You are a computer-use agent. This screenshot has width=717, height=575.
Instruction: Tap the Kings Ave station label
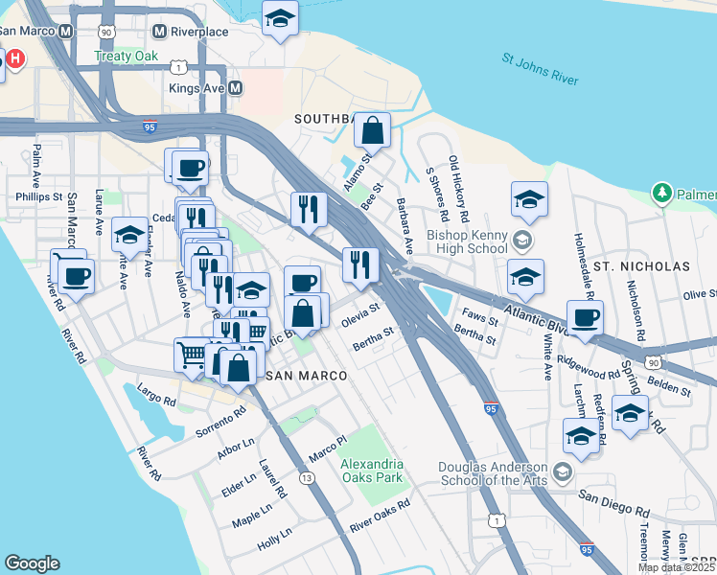[x=197, y=88]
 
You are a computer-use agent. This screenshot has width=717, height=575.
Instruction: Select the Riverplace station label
[x=199, y=32]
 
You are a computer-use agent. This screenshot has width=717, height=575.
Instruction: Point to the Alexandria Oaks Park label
[x=372, y=471]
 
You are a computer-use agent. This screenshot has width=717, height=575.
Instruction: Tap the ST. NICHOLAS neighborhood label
[x=641, y=265]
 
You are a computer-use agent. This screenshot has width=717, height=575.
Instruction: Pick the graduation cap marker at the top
[x=280, y=18]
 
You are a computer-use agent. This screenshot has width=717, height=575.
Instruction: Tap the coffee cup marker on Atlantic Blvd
[x=584, y=317]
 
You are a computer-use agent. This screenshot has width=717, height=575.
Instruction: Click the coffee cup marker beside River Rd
[x=76, y=276]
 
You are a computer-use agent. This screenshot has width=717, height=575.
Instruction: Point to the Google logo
[x=33, y=563]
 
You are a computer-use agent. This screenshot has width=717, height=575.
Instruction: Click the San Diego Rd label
[x=613, y=498]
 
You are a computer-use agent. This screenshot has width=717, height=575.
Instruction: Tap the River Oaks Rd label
[x=380, y=515]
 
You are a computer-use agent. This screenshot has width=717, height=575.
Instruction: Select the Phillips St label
[x=38, y=196]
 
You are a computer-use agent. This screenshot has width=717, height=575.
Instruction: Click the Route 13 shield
[x=307, y=477]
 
